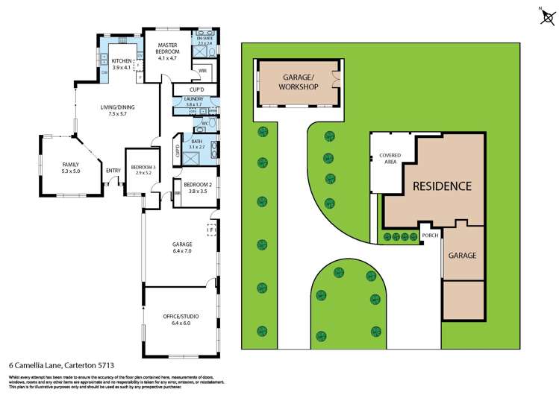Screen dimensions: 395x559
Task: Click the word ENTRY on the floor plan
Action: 113,171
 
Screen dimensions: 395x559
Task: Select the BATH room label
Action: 196,144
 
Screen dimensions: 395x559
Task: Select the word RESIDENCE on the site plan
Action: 442,186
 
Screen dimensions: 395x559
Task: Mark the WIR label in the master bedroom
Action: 202,71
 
